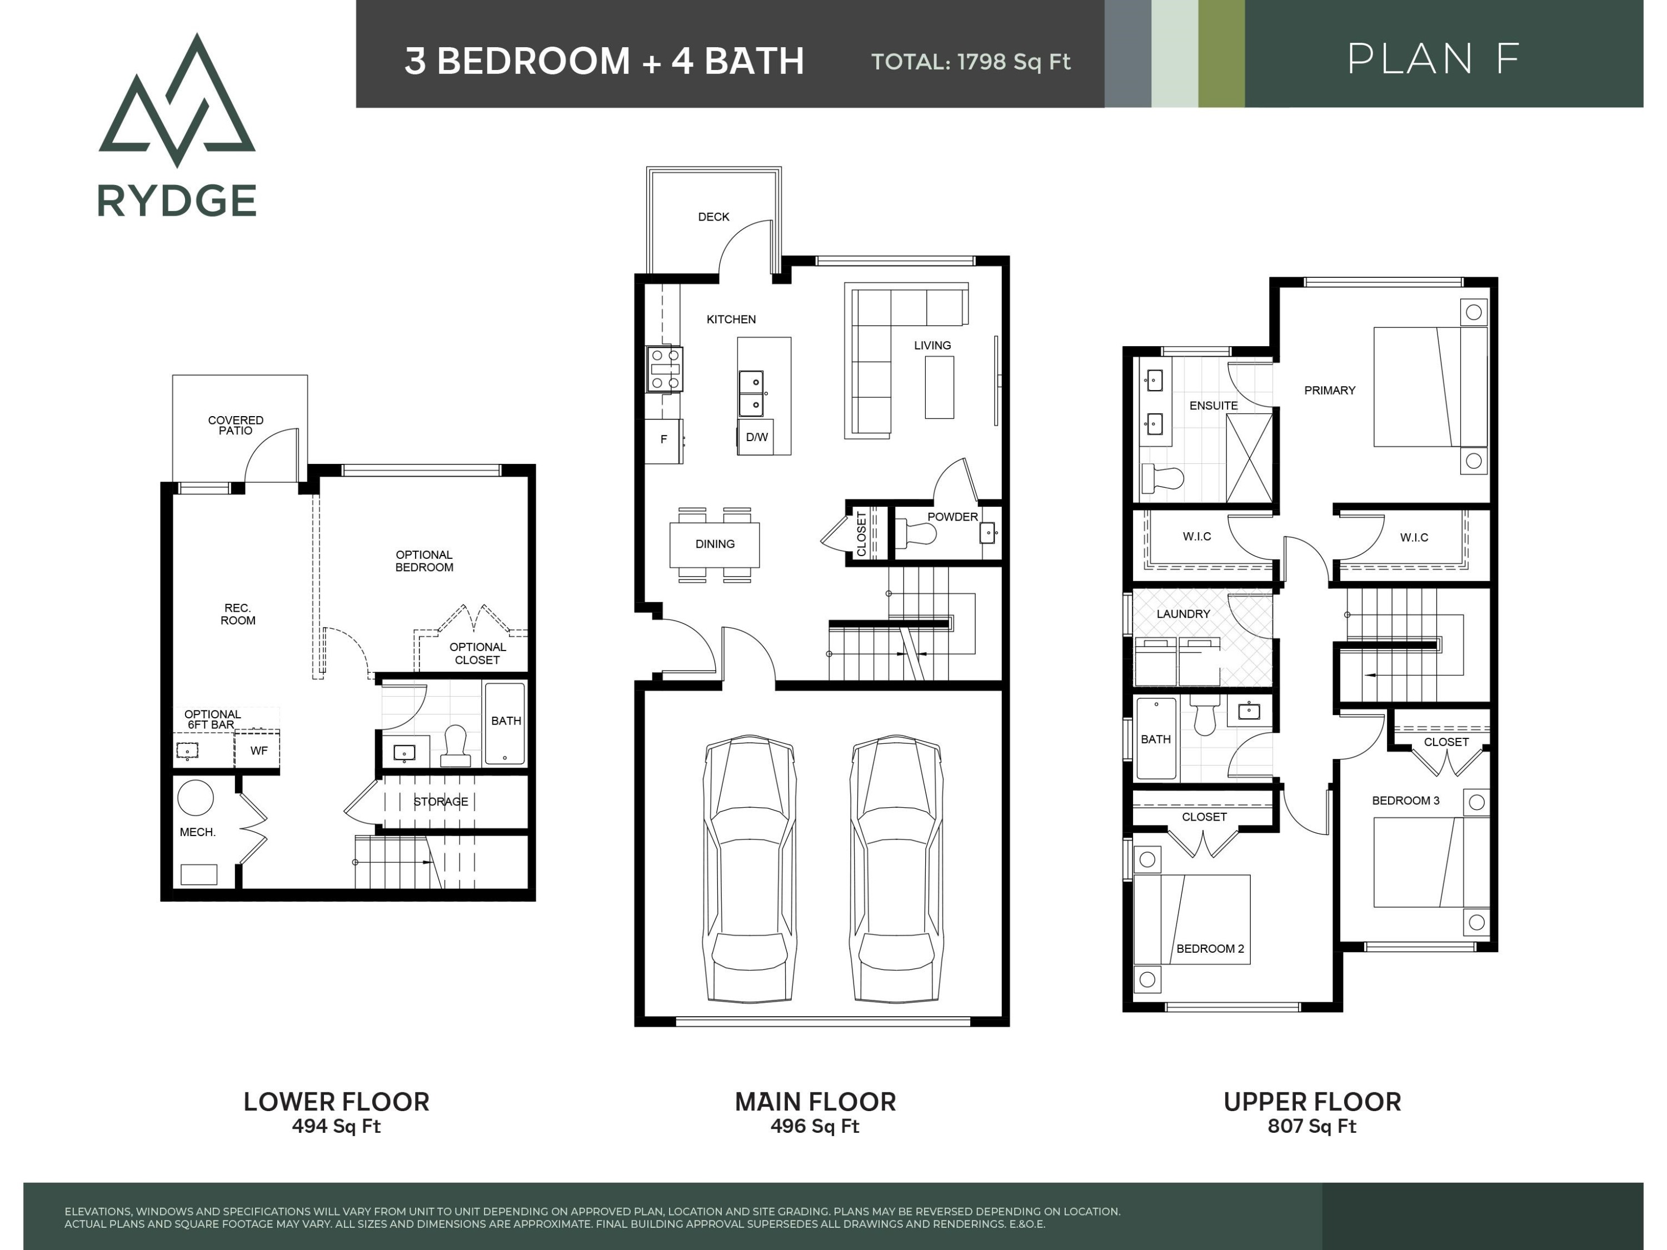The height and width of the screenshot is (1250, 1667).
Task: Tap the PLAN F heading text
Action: pyautogui.click(x=1434, y=59)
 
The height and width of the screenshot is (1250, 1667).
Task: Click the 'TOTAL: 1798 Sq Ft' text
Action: pyautogui.click(x=971, y=62)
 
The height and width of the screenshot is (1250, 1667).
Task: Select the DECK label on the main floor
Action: pyautogui.click(x=713, y=217)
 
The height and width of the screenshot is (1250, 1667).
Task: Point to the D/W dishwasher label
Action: pyautogui.click(x=757, y=437)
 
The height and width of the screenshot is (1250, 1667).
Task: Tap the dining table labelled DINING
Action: pyautogui.click(x=715, y=544)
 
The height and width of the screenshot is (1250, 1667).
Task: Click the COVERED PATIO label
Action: pyautogui.click(x=236, y=426)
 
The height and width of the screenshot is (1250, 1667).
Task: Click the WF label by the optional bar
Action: pyautogui.click(x=258, y=751)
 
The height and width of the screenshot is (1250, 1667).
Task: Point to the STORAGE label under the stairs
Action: pyautogui.click(x=441, y=802)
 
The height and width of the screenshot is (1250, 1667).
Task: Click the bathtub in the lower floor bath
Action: pyautogui.click(x=505, y=724)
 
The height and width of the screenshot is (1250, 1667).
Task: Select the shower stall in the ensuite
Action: pyautogui.click(x=1249, y=458)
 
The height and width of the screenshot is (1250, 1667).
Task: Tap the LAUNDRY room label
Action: pyautogui.click(x=1183, y=614)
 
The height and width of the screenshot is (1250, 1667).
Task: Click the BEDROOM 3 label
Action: pyautogui.click(x=1405, y=801)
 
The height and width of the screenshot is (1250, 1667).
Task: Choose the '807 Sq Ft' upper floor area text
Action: pyautogui.click(x=1312, y=1127)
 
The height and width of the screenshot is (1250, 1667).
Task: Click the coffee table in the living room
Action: pyautogui.click(x=939, y=387)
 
